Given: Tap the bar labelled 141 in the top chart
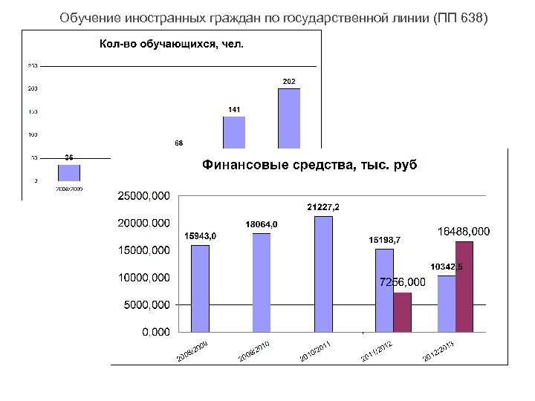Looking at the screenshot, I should (x=234, y=132).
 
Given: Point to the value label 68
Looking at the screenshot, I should (x=179, y=143).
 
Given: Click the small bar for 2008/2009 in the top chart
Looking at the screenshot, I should (x=69, y=172).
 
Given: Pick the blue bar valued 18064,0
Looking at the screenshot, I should (x=262, y=282).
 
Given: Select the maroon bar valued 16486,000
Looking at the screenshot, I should (x=464, y=286).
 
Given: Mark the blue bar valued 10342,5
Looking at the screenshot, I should (x=447, y=303).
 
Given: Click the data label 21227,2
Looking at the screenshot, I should (x=323, y=206).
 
